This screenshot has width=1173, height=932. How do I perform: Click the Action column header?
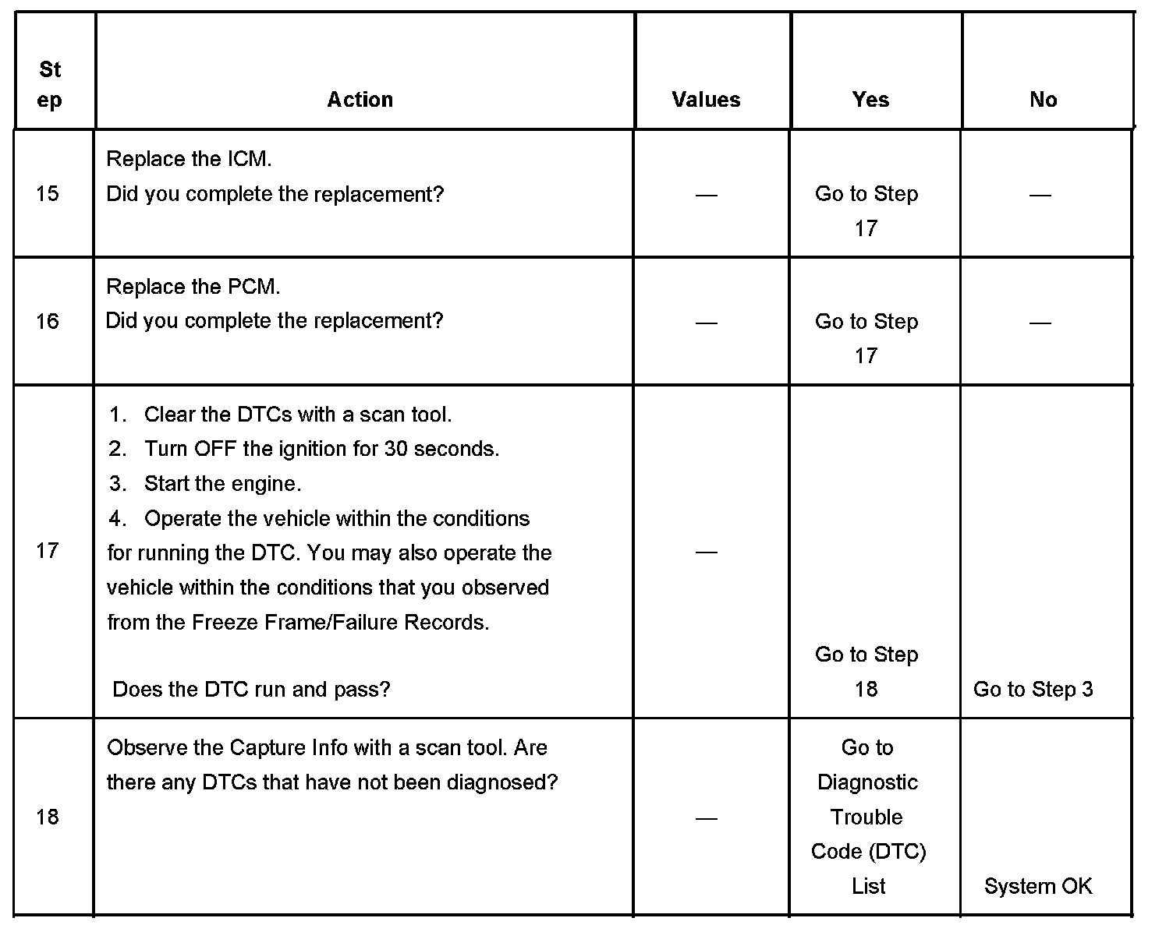[x=360, y=100]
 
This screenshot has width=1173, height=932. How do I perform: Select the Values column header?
[x=706, y=100]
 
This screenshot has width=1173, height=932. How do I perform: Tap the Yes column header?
[x=870, y=100]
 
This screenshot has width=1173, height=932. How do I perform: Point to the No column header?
[x=1043, y=100]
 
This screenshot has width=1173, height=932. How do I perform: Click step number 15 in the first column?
[x=48, y=193]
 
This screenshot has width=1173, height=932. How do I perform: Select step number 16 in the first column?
[x=48, y=321]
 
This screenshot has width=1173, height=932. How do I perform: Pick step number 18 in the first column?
[x=48, y=817]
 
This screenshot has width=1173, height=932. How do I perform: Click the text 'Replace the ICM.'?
[x=189, y=159]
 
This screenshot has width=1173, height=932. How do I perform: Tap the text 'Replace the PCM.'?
[x=193, y=287]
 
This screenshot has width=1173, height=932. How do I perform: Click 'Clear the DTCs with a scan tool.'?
[x=297, y=415]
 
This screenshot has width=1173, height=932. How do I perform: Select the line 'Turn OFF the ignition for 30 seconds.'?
[x=321, y=449]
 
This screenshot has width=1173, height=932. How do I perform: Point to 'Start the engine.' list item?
[x=222, y=484]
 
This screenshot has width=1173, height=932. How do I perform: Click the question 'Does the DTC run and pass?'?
[x=251, y=689]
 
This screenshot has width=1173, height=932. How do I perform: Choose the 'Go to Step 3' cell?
[x=1033, y=689]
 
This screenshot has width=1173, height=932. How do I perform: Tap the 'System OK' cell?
[x=1037, y=886]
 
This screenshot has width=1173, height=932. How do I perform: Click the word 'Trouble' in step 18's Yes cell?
[x=866, y=817]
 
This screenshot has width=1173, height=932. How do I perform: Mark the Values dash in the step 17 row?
[x=706, y=552]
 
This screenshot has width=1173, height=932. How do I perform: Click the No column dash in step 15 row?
[x=1040, y=194]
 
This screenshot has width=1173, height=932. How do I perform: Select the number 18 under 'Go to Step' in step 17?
[x=866, y=689]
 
